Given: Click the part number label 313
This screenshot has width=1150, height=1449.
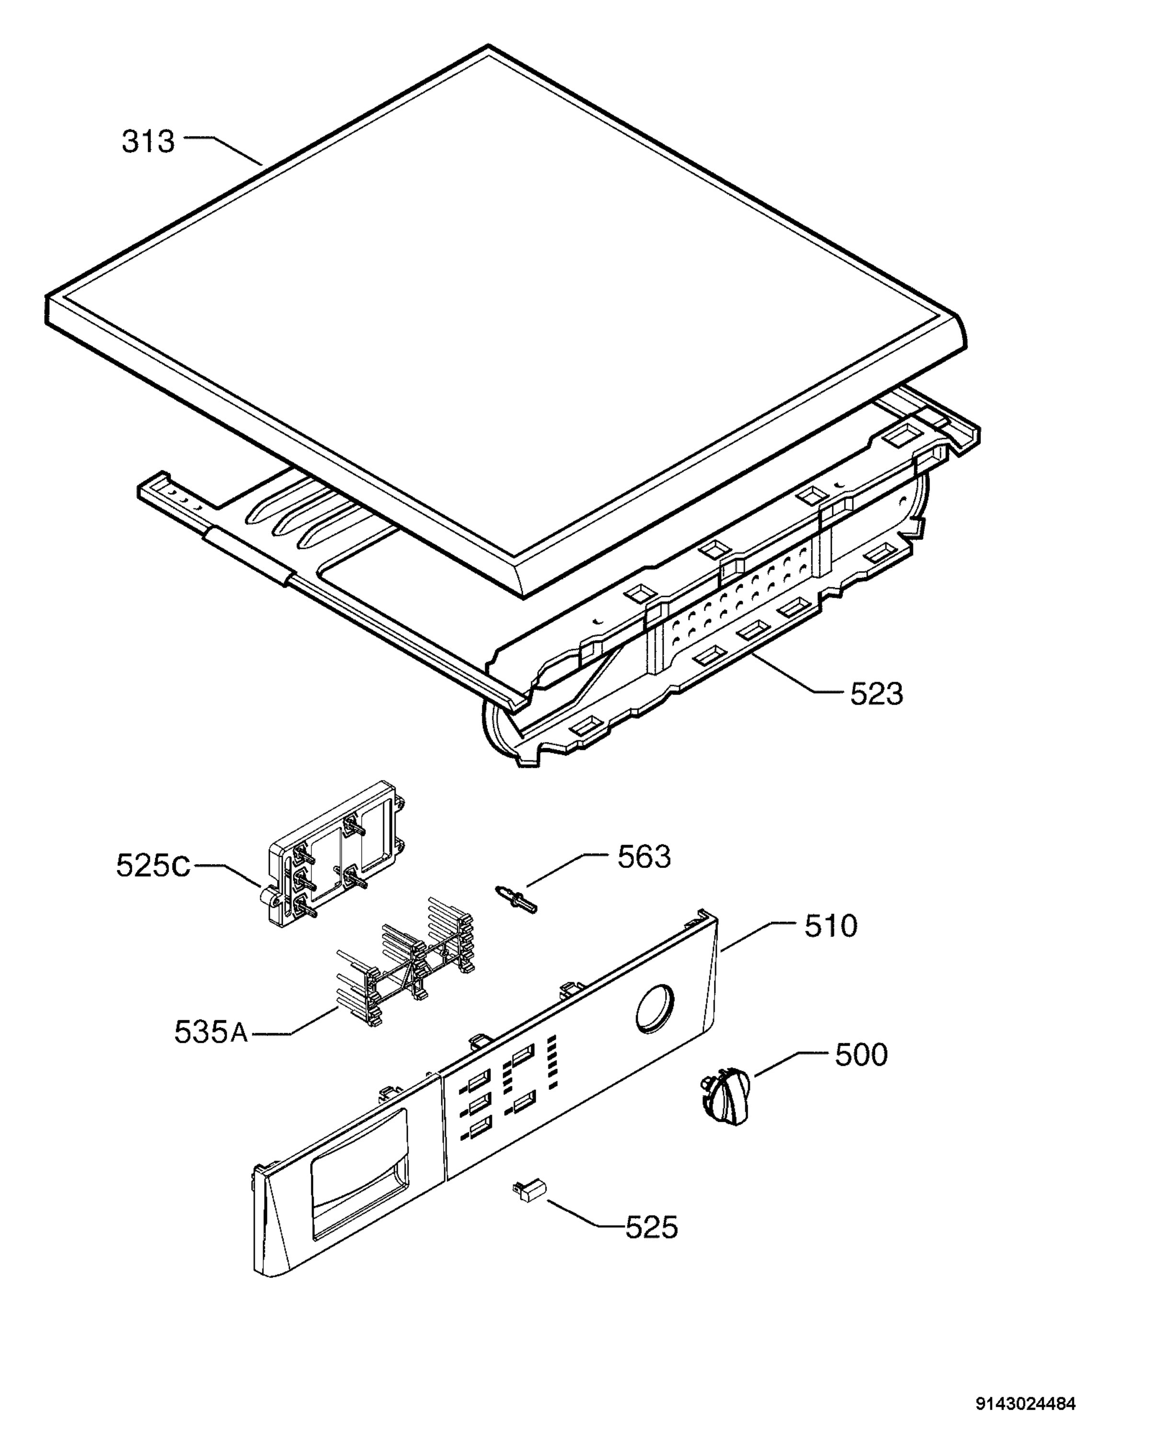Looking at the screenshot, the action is pos(148,142).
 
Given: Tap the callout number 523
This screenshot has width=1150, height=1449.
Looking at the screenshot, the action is pos(876,694).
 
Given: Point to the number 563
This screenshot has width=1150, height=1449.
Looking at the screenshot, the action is pos(644,857).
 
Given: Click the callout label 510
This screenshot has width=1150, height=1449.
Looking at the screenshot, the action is pos(831,926).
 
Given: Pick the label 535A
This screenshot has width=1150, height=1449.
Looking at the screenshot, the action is pos(210,1032).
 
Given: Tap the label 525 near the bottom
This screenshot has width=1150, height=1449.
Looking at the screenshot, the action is pos(651,1228).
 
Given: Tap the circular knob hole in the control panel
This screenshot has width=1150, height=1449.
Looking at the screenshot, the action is pos(654,1008).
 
